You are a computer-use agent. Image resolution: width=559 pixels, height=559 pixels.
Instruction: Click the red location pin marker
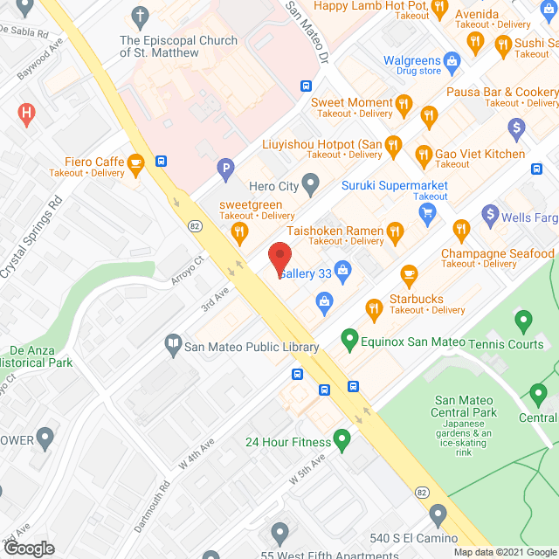(x=279, y=257)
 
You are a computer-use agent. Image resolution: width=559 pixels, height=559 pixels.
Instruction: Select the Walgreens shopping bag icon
(x=452, y=61)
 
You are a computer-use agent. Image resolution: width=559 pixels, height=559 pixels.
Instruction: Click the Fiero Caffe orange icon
(x=135, y=162)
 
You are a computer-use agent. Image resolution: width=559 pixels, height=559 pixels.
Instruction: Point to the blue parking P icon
(x=226, y=169)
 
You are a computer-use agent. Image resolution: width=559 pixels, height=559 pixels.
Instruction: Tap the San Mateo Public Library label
(x=251, y=347)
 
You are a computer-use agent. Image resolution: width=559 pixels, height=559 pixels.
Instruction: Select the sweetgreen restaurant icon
(x=238, y=231)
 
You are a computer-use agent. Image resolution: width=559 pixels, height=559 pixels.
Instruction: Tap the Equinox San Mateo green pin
(x=349, y=337)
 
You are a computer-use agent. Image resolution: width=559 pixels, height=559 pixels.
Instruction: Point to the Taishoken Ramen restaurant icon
(x=396, y=231)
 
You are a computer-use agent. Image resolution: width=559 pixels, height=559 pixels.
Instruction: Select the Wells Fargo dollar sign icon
(x=490, y=213)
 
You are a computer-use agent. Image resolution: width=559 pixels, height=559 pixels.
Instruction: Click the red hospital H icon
(x=27, y=113)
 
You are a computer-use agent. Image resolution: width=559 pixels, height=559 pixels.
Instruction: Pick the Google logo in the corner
(x=29, y=548)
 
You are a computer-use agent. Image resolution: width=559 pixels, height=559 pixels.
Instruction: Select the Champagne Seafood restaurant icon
(x=461, y=231)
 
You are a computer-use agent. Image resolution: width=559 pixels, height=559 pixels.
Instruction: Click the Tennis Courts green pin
(x=524, y=321)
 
